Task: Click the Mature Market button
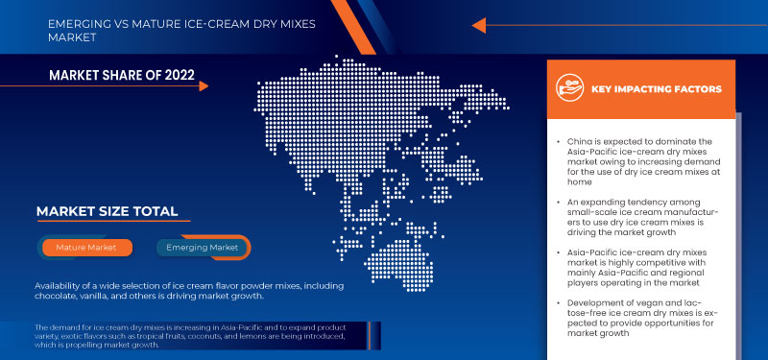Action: (x=87, y=248)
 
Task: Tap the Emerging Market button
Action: (x=203, y=248)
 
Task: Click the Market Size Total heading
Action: (x=107, y=211)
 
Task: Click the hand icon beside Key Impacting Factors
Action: (x=571, y=89)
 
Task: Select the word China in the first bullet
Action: (x=581, y=142)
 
